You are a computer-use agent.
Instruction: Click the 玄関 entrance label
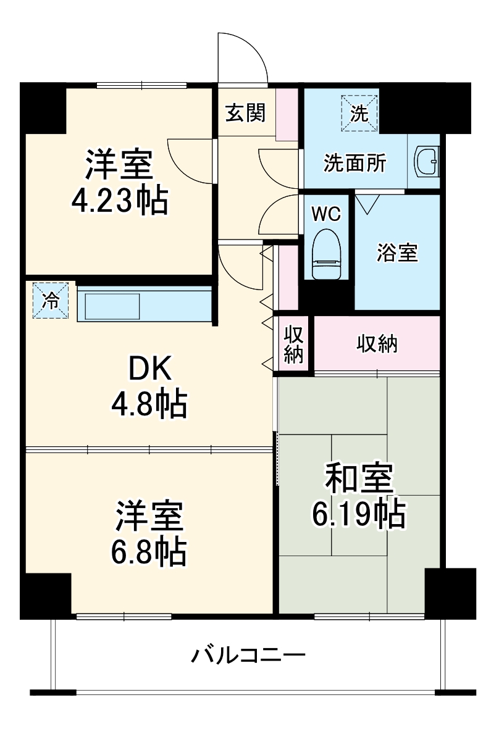click(x=245, y=113)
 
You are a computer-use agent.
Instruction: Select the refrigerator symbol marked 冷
click(x=51, y=301)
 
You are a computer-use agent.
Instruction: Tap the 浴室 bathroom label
click(x=397, y=252)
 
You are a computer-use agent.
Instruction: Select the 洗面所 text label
click(x=355, y=164)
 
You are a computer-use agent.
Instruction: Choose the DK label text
click(x=148, y=370)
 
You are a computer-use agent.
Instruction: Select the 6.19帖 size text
click(x=358, y=514)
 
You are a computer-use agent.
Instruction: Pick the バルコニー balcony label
click(x=247, y=654)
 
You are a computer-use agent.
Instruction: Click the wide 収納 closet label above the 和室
click(x=377, y=344)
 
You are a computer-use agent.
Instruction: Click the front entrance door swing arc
click(x=244, y=56)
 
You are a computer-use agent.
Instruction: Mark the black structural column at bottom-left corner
click(x=45, y=595)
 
